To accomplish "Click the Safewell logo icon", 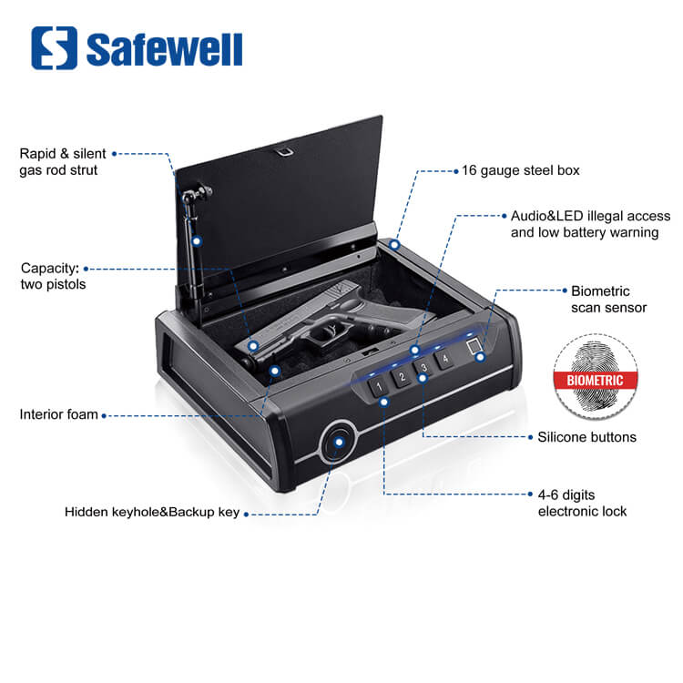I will coord(54,47).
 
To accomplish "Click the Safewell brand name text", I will coord(165,49).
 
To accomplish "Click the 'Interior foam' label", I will coord(58,415).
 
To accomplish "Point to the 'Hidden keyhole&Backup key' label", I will coord(152,513).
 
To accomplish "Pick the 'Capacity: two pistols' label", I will coord(51,277).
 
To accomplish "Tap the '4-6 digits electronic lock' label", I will coord(582,503).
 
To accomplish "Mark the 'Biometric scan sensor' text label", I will coord(608,300).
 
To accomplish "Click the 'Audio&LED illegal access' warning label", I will coord(589,225).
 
